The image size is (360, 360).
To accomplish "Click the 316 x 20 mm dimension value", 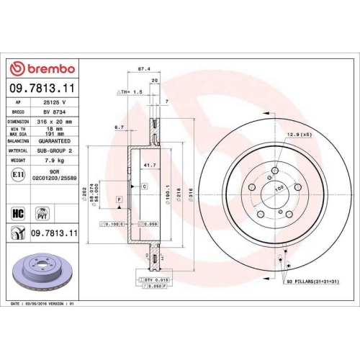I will [x=55, y=122].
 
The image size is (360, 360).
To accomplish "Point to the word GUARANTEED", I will [x=56, y=143].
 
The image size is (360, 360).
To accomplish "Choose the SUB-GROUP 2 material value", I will [x=55, y=151].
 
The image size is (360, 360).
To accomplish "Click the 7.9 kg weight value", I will [x=51, y=161].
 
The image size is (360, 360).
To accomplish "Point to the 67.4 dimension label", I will [x=143, y=70].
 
